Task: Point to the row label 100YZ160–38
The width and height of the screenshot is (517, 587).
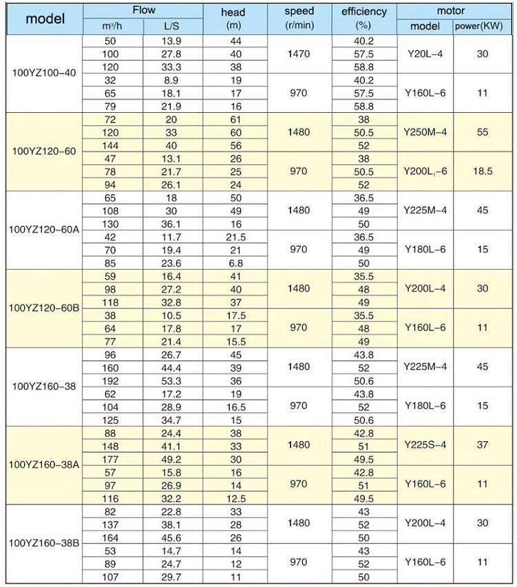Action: (42, 387)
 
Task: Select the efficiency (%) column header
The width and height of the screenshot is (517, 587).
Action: (363, 19)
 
